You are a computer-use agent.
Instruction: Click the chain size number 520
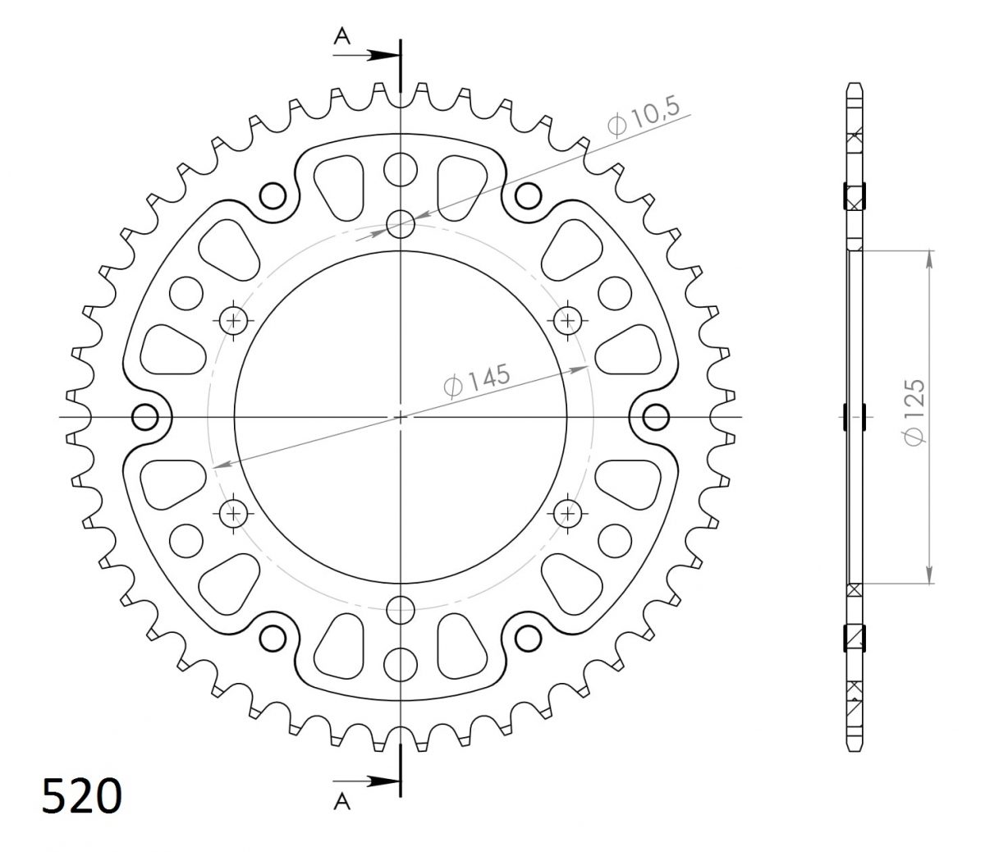point(82,795)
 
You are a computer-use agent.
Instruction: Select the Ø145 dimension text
point(477,380)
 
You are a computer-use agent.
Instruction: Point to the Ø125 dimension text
point(914,413)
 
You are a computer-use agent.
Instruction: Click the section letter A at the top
point(341,36)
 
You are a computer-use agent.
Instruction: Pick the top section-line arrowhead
point(384,55)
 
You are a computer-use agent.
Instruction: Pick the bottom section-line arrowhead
point(384,781)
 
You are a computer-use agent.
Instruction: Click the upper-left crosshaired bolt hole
point(233,320)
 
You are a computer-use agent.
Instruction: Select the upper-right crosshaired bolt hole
point(568,320)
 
